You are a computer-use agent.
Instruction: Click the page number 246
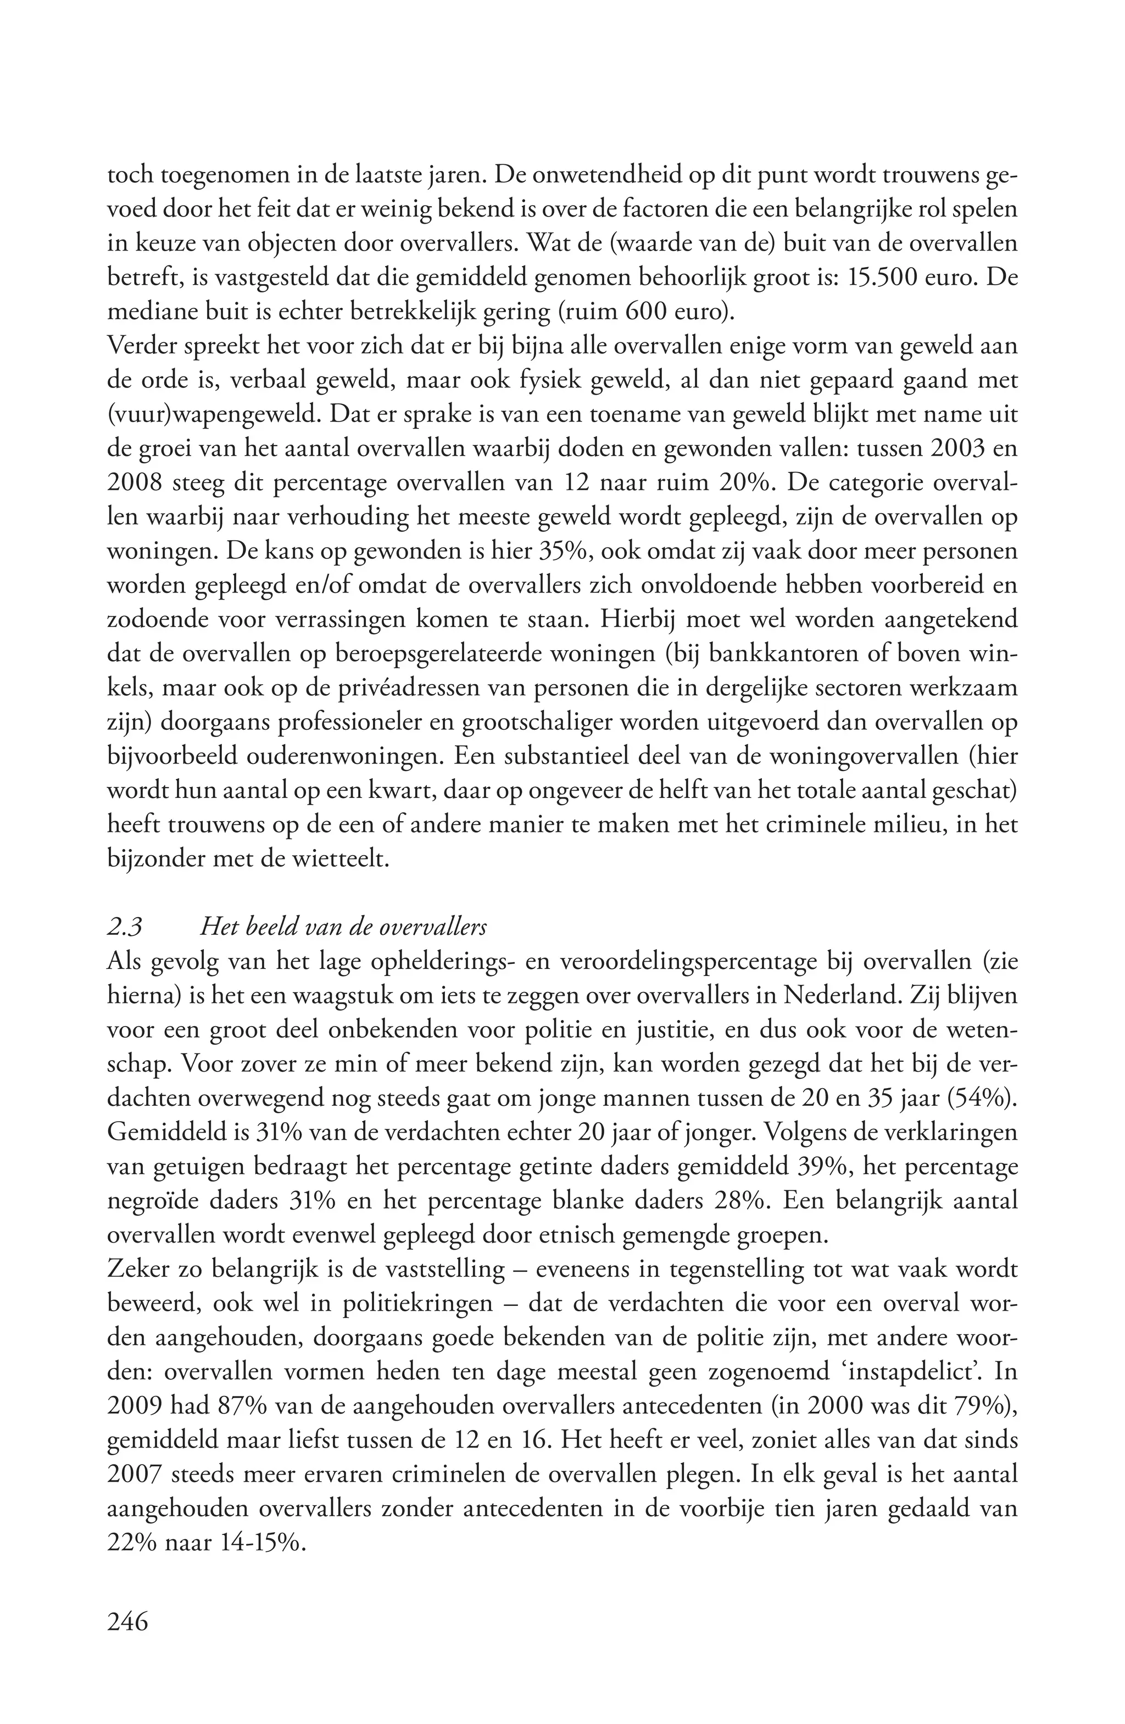[x=127, y=1621]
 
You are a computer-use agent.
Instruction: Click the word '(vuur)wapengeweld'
[x=210, y=415]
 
